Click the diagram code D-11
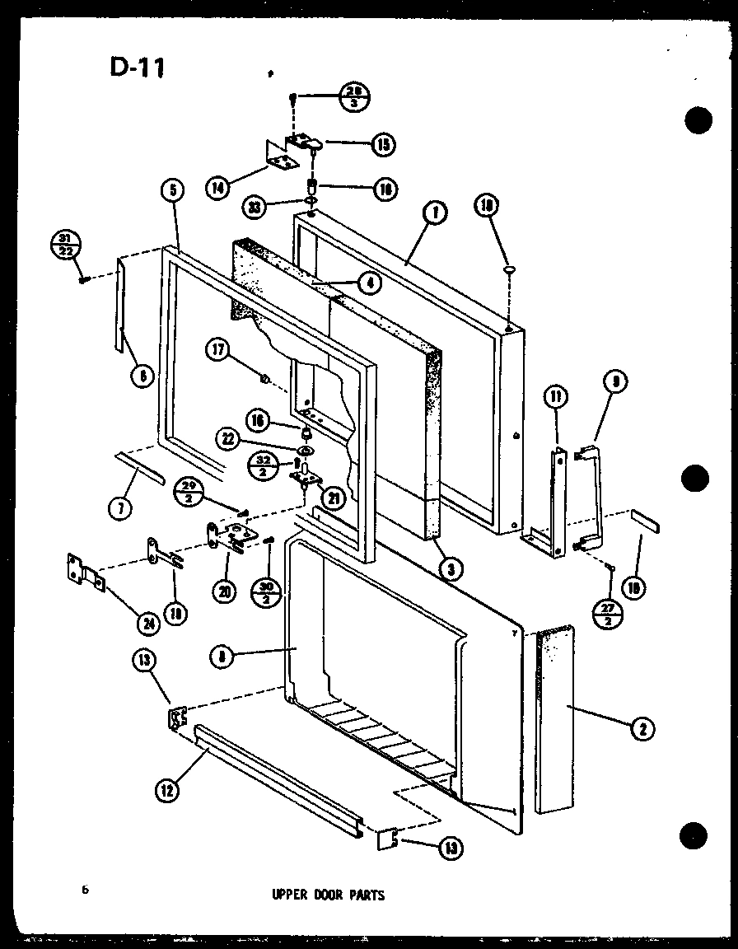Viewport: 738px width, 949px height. click(x=137, y=67)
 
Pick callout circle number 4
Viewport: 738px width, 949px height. click(x=369, y=283)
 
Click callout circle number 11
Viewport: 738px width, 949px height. click(x=557, y=400)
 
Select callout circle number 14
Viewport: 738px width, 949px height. click(x=217, y=188)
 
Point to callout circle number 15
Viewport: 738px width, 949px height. click(x=382, y=145)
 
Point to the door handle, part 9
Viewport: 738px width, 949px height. click(x=595, y=494)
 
